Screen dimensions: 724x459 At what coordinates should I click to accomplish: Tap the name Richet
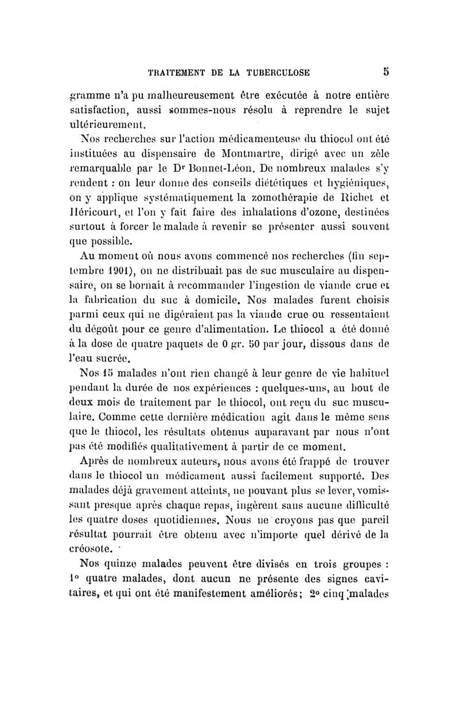pyautogui.click(x=356, y=198)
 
